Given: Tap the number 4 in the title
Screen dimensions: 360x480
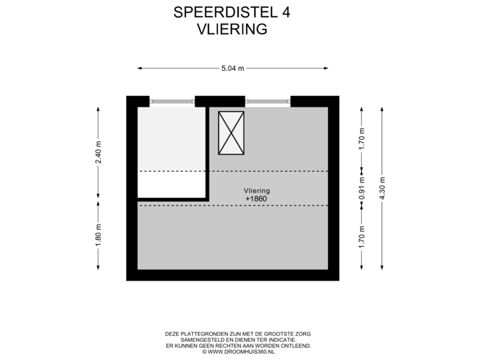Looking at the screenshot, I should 286,12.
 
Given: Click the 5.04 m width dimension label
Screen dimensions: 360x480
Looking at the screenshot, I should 233,67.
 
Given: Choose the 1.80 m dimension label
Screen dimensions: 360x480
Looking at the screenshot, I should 99,235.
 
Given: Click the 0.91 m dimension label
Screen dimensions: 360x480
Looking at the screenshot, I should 361,188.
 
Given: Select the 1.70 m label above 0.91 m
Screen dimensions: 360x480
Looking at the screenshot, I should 361,138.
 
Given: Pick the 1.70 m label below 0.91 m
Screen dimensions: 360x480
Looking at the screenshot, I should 361,237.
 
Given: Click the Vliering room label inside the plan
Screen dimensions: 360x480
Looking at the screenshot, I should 257,191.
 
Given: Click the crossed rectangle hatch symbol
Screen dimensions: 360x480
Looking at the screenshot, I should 231,133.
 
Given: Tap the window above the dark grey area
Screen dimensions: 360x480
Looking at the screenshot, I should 172,101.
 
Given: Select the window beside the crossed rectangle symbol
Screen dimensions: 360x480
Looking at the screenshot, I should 268,101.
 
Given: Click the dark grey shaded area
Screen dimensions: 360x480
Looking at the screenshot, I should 171,139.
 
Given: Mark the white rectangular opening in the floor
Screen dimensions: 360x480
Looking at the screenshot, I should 171,185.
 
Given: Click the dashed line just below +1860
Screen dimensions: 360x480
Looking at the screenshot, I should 267,205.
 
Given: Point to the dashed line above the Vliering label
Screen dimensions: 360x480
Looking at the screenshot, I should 267,171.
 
